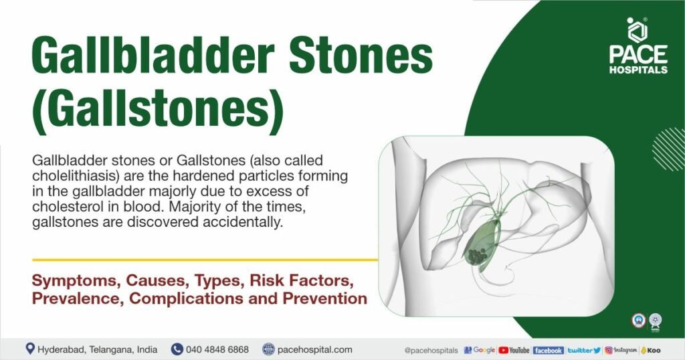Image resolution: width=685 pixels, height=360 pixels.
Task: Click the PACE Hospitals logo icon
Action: point(637,30)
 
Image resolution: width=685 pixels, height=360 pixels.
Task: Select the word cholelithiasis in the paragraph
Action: point(72,176)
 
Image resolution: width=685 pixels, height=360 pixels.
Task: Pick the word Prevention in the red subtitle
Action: point(326,298)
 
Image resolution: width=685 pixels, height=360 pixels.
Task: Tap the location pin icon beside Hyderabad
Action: point(30,349)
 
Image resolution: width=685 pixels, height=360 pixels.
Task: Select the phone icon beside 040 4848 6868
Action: point(177,349)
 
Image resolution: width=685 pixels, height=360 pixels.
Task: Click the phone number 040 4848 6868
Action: point(218,349)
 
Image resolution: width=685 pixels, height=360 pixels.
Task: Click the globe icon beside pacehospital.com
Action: point(268,349)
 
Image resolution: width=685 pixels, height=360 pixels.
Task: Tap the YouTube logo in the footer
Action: point(514,350)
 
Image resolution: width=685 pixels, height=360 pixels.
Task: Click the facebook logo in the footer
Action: point(548,350)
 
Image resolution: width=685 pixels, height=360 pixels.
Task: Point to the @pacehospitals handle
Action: point(431,350)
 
